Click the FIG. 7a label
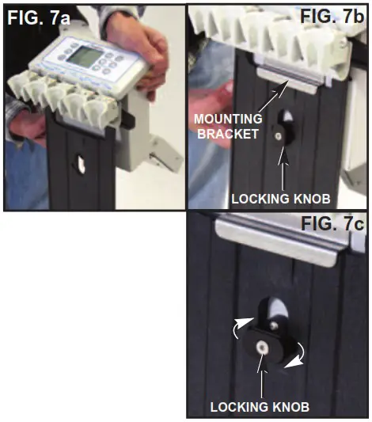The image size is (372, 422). point(38,17)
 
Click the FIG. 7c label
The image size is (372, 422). point(333,223)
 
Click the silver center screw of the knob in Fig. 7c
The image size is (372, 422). point(260,345)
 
